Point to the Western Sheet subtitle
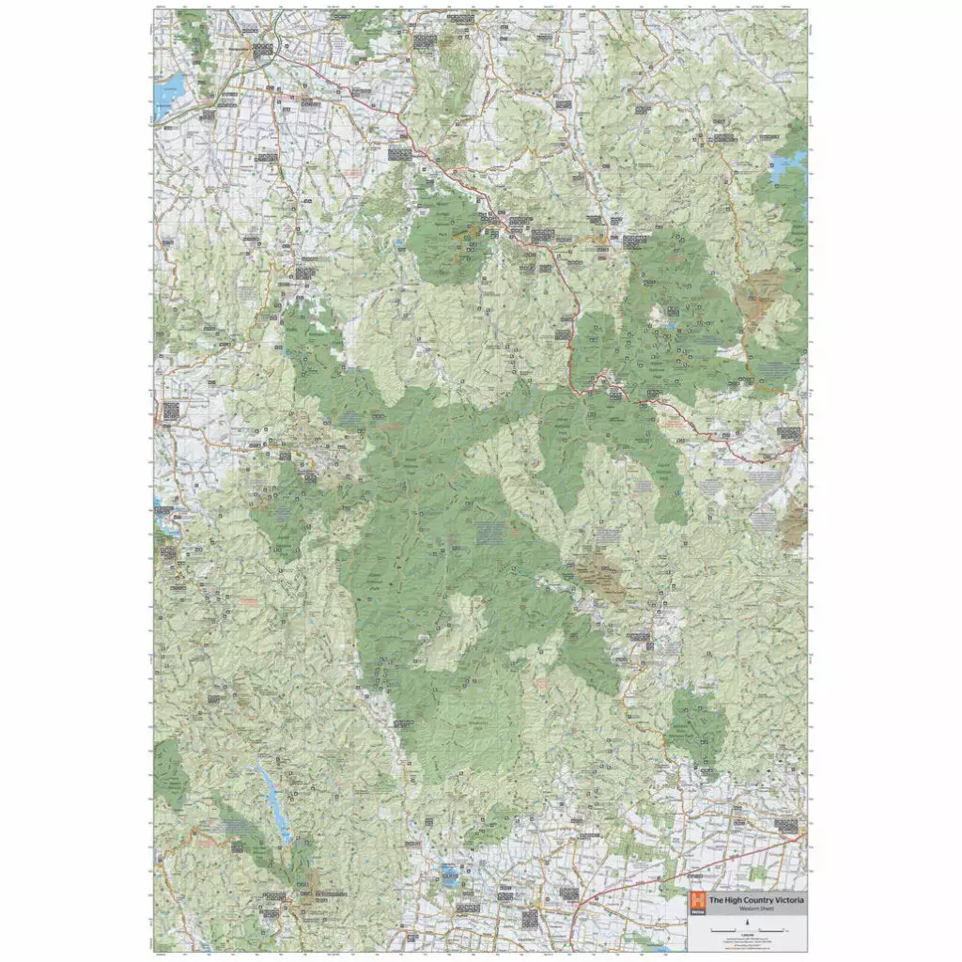[748, 909]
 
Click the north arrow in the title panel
[748, 923]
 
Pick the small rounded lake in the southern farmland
[449, 875]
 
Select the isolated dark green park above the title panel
[699, 726]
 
